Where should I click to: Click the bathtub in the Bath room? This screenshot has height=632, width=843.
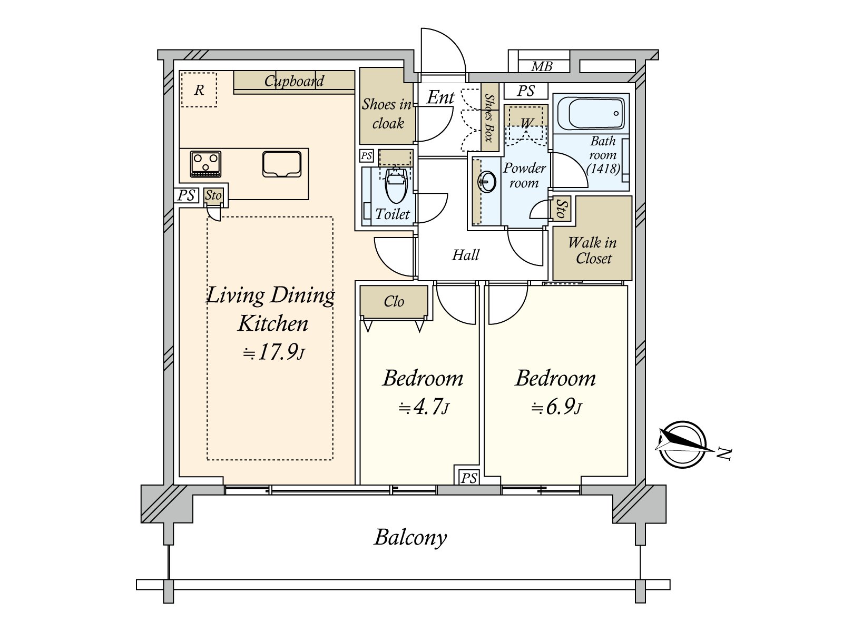tap(593, 113)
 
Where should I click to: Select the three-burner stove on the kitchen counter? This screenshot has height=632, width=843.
tap(205, 164)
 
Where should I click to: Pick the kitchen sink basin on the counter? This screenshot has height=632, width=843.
tap(281, 164)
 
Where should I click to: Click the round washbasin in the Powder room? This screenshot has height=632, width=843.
tap(487, 181)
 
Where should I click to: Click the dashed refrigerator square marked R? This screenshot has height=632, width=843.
tap(199, 90)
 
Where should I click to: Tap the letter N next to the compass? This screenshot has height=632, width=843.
tap(724, 455)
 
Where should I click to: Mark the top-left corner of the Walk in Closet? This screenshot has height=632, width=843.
tap(553, 196)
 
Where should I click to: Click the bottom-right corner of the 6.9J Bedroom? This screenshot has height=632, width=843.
tap(628, 477)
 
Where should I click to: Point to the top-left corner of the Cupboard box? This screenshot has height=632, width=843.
tap(234, 71)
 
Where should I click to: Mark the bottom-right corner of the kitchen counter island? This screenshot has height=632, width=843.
tap(308, 199)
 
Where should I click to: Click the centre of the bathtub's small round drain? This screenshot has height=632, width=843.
tap(616, 113)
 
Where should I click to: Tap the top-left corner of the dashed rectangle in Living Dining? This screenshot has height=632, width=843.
tap(208, 217)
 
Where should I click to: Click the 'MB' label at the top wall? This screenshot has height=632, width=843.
tap(542, 67)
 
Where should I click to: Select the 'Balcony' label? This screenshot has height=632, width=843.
tap(410, 538)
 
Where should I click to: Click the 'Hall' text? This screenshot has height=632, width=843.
tap(465, 255)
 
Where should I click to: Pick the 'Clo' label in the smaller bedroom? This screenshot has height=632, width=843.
tap(394, 301)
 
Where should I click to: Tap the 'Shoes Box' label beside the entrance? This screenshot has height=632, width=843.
tap(489, 117)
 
